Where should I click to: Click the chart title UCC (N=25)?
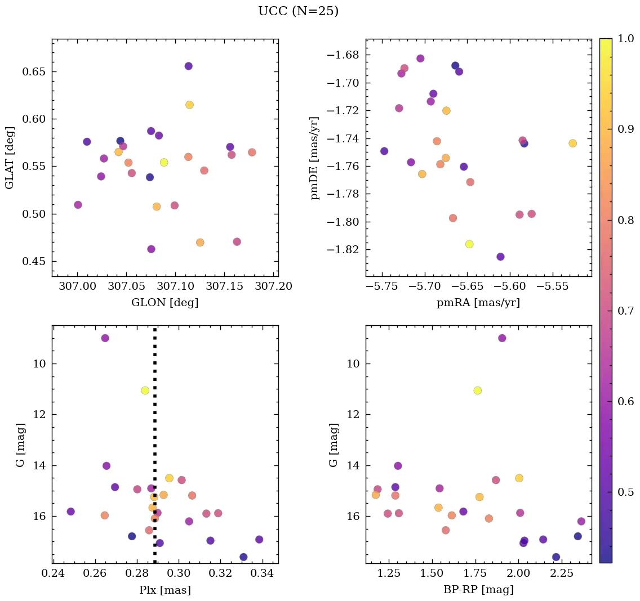(x=298, y=11)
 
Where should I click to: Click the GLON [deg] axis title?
(x=165, y=303)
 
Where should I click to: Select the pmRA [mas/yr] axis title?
(x=478, y=303)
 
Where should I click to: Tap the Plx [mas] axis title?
(x=165, y=590)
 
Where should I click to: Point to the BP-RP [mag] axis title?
(x=478, y=590)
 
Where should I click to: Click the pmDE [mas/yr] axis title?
(x=315, y=158)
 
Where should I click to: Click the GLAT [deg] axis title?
(x=10, y=158)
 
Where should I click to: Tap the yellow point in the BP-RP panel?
(x=478, y=391)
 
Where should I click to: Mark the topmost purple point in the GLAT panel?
(x=188, y=66)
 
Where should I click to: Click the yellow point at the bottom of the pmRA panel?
(x=469, y=244)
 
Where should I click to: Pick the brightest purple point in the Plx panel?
(x=105, y=338)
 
